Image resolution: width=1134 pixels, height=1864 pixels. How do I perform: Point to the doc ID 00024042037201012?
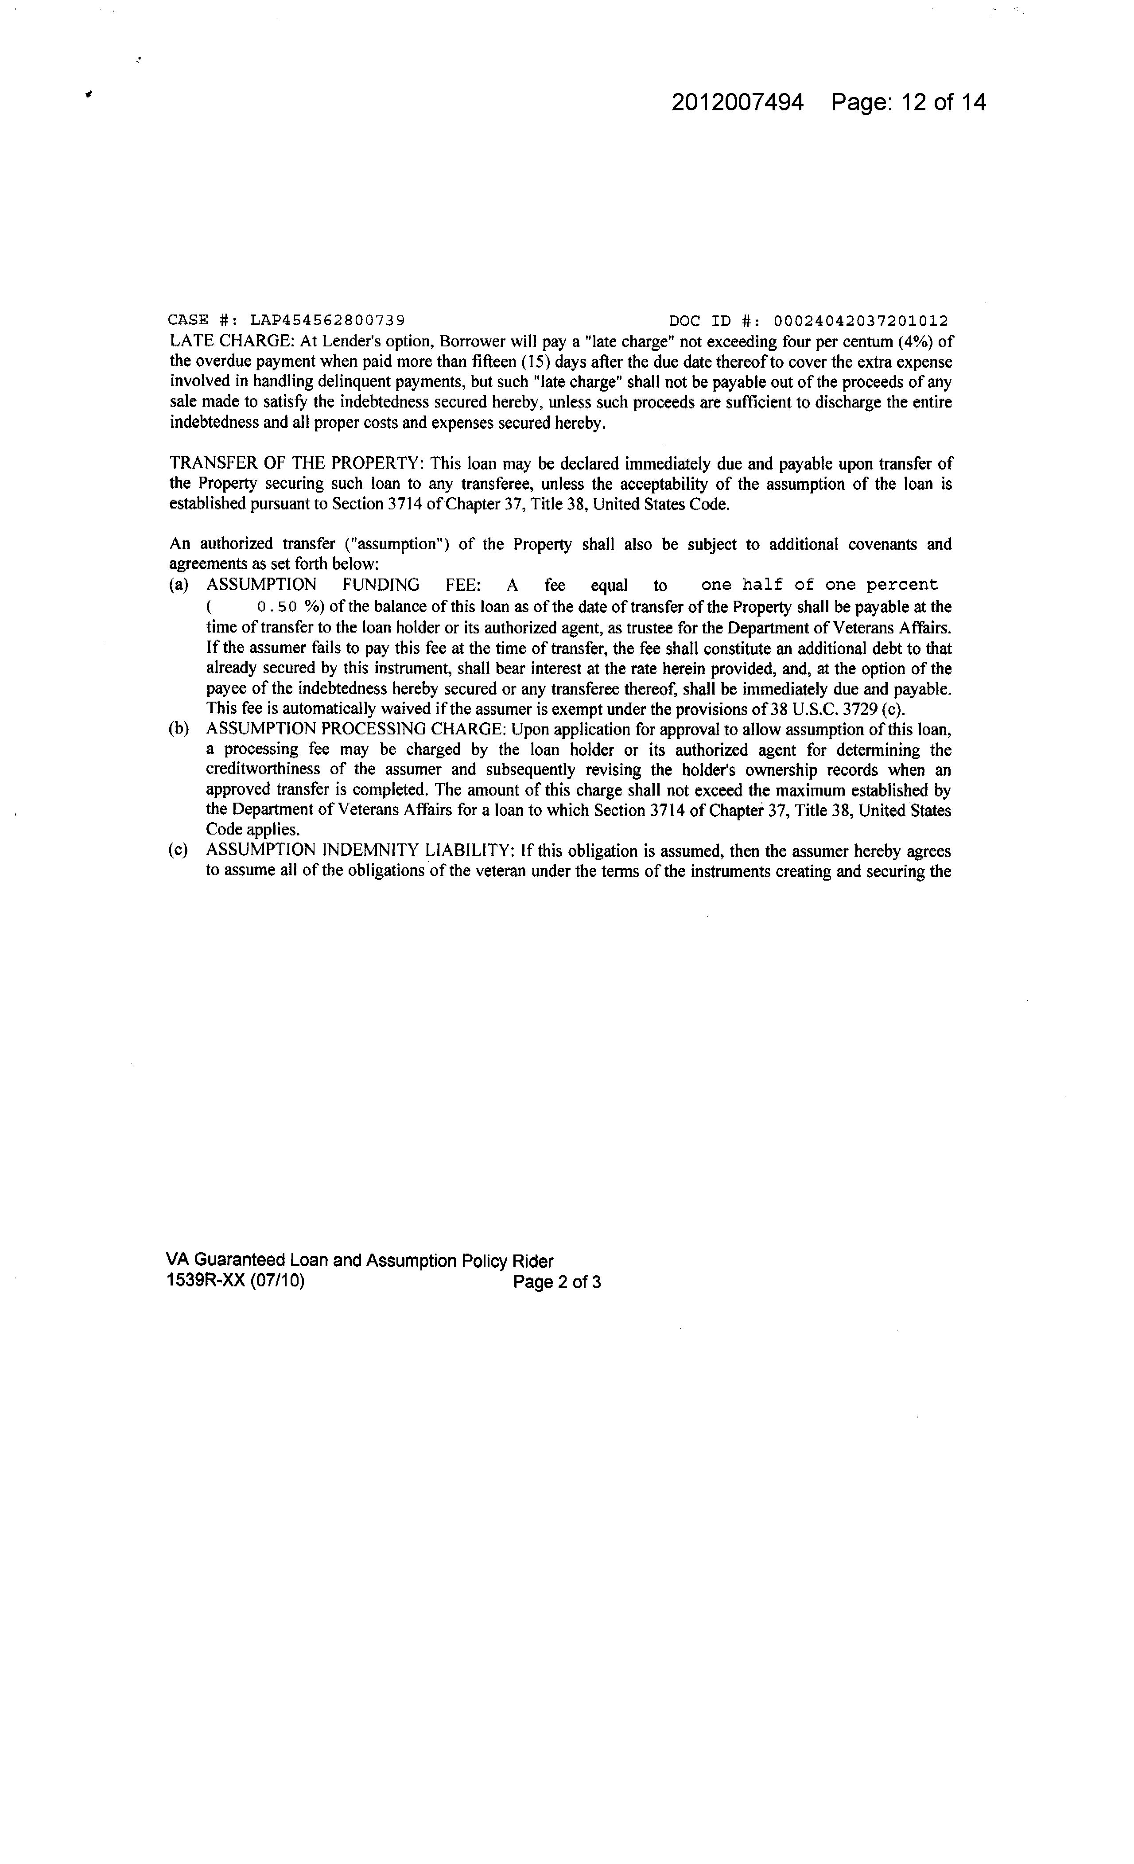pyautogui.click(x=859, y=321)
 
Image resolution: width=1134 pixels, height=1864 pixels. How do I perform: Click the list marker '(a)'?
pyautogui.click(x=179, y=585)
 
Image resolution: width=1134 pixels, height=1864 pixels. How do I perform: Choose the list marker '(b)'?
pyautogui.click(x=179, y=729)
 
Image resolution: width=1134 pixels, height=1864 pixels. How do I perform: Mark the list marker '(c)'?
pyautogui.click(x=179, y=850)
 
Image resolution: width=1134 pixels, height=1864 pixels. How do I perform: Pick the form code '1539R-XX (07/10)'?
pyautogui.click(x=235, y=1281)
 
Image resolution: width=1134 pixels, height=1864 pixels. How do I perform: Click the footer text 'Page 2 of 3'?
pyautogui.click(x=557, y=1281)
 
